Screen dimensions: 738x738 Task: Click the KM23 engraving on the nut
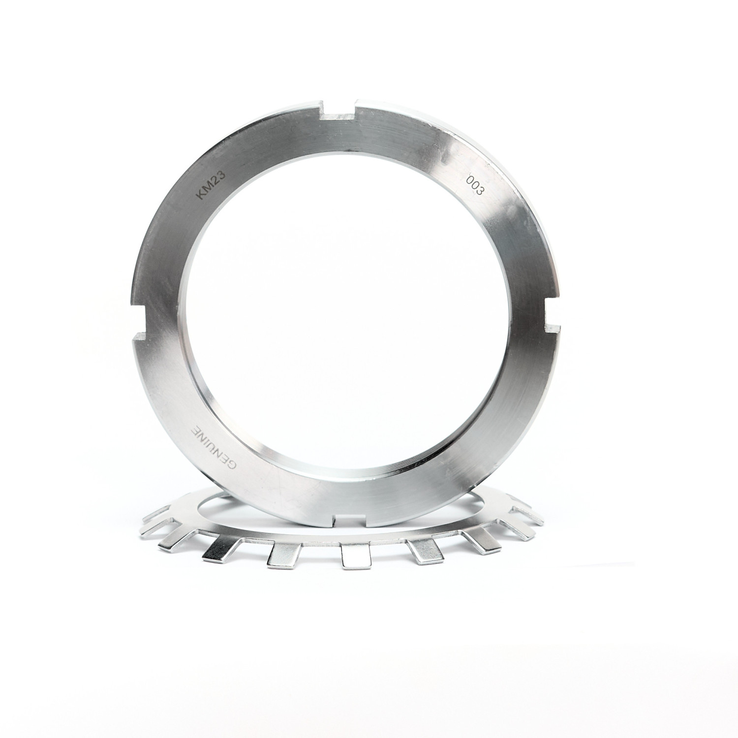[211, 184]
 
